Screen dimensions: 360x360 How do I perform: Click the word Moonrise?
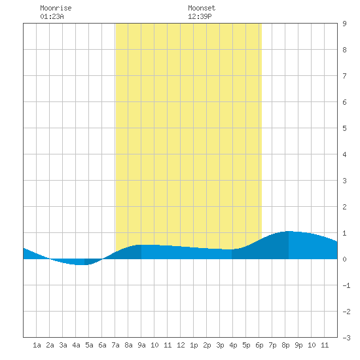[x=56, y=8]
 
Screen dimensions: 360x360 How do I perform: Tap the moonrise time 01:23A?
[x=52, y=16]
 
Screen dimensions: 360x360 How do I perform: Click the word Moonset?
[x=202, y=8]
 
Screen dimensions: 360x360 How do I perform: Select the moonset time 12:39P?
[x=200, y=16]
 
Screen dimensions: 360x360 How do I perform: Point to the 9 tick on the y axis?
[x=344, y=24]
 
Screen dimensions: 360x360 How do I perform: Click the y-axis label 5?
[x=344, y=128]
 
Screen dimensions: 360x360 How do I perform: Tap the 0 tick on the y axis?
[x=344, y=259]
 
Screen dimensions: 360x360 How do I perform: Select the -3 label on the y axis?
[x=346, y=338]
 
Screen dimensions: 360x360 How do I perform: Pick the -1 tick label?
[x=346, y=285]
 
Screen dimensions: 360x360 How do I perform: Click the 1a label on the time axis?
[x=37, y=345]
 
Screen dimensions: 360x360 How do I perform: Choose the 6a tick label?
[x=102, y=345]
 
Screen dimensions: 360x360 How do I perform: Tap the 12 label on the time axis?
[x=181, y=345]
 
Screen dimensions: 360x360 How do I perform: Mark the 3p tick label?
[x=220, y=345]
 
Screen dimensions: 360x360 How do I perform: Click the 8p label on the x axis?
[x=285, y=345]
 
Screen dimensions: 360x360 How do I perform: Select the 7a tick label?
[x=115, y=345]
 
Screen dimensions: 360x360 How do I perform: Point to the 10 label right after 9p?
[x=312, y=345]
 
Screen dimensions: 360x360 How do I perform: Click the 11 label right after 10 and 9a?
[x=168, y=345]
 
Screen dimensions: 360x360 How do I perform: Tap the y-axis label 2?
[x=344, y=207]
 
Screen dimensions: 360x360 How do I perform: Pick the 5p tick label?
[x=246, y=345]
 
